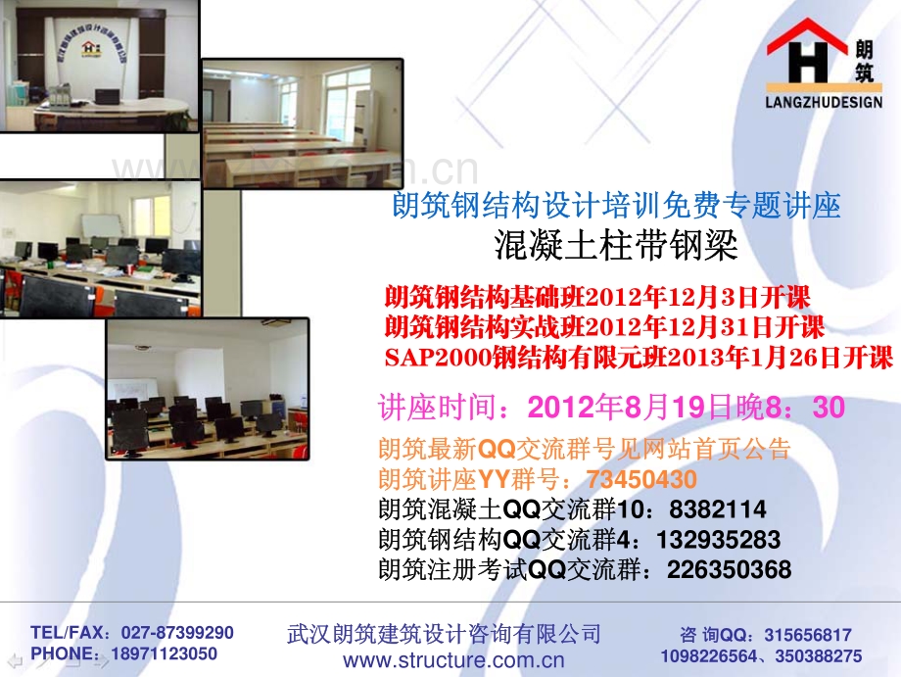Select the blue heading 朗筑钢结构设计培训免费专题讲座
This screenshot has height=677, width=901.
[x=616, y=206]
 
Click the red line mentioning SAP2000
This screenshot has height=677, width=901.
[x=639, y=357]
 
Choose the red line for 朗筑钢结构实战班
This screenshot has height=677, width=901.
[x=604, y=326]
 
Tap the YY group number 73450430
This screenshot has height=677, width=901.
[x=641, y=479]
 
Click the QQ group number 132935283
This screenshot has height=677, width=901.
[x=719, y=540]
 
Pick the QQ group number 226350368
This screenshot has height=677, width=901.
[x=730, y=569]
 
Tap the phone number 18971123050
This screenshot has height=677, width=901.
[x=164, y=653]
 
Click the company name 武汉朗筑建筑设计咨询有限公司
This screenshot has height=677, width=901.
[x=444, y=633]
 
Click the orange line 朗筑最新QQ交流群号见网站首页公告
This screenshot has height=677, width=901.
[x=584, y=450]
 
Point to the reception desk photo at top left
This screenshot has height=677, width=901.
[x=99, y=66]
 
